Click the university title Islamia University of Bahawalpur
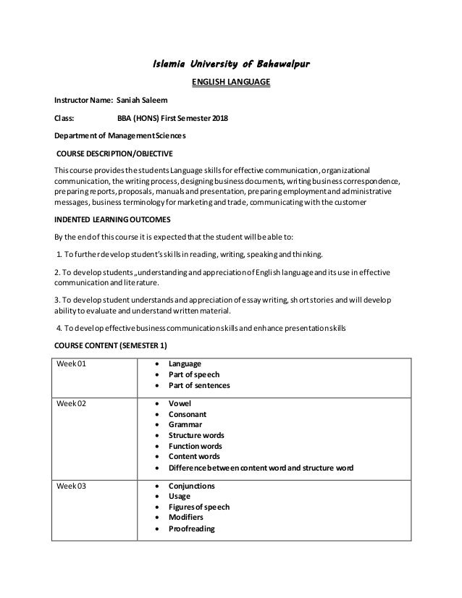coord(230,67)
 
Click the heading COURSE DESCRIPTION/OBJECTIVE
coord(115,153)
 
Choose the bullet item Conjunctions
coord(191,486)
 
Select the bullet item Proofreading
coord(191,528)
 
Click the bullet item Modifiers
coord(186,518)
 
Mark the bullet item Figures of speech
coord(198,507)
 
